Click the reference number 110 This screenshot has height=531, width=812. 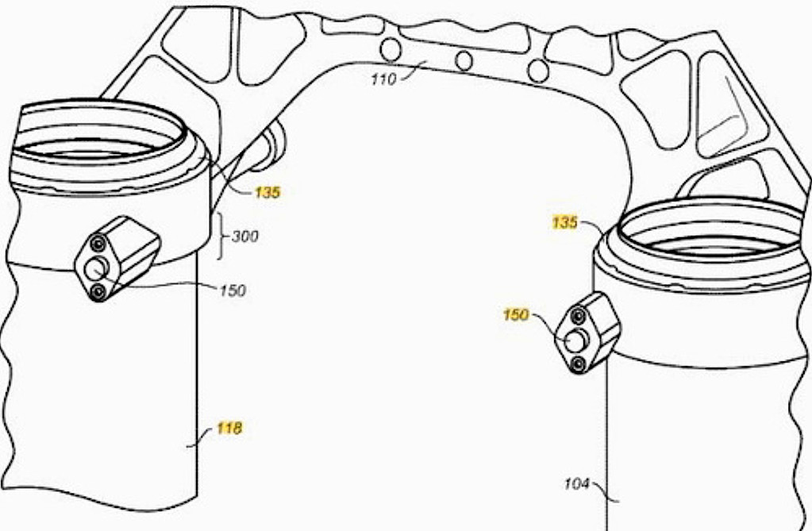(x=383, y=79)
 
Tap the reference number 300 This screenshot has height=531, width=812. (x=245, y=237)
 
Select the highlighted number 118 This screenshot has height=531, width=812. (x=229, y=429)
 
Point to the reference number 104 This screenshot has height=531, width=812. (x=576, y=484)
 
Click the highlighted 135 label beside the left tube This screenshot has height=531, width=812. (x=267, y=193)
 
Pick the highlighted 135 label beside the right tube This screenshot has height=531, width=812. (x=564, y=223)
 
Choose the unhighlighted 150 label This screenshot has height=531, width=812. (x=233, y=291)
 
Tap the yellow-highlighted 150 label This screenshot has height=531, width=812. (x=516, y=315)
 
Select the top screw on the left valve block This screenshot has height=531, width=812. (x=98, y=243)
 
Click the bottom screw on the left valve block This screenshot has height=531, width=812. (x=98, y=292)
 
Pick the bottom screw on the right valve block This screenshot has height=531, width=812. (x=577, y=364)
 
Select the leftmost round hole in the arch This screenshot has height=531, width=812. (x=391, y=50)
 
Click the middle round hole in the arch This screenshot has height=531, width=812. (x=464, y=61)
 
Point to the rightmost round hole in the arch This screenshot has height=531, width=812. (x=538, y=71)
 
